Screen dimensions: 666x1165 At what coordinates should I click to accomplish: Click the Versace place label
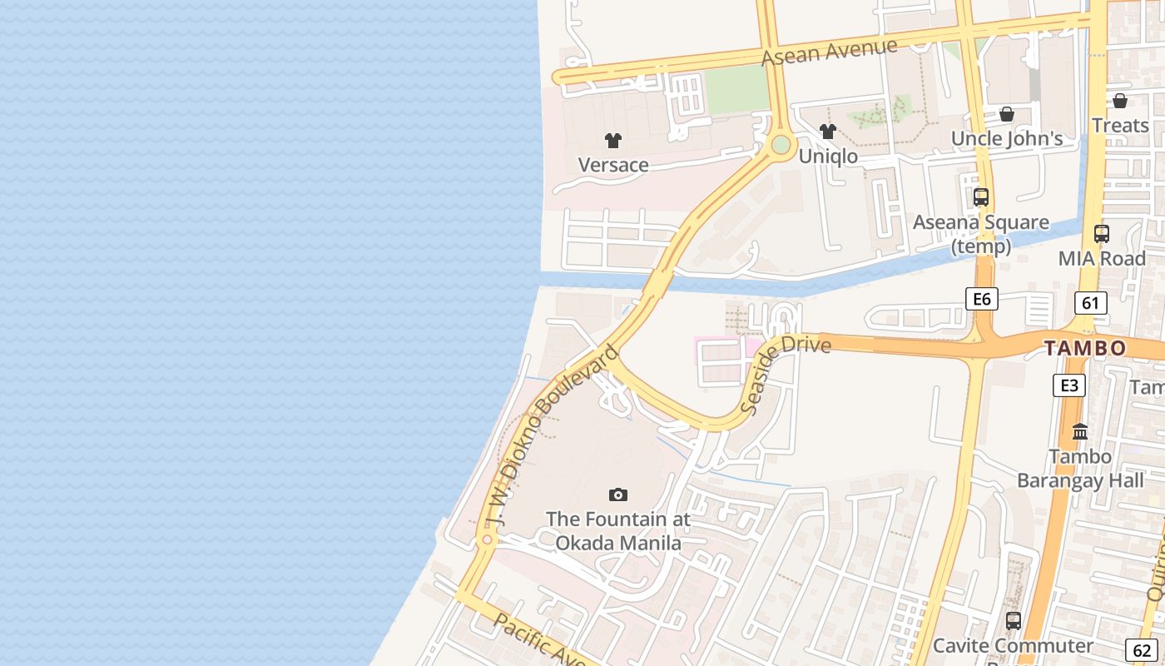point(613,165)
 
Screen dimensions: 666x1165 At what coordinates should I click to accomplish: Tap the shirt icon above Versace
point(613,141)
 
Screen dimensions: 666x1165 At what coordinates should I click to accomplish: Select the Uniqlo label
point(828,157)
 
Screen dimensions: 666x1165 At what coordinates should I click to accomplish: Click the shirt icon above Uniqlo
point(828,132)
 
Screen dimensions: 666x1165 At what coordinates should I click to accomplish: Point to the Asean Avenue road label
point(830,52)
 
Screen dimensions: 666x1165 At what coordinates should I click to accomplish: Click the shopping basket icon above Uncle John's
point(1007,114)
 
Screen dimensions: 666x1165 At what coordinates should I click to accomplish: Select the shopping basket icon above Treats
point(1120,101)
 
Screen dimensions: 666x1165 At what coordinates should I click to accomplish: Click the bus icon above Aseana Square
point(981,197)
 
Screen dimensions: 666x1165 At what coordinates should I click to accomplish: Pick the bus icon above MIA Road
point(1102,234)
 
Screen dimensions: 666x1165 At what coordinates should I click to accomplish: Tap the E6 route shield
point(982,299)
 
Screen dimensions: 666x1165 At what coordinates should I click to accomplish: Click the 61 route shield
point(1090,303)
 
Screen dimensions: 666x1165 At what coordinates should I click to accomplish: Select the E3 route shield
point(1069,385)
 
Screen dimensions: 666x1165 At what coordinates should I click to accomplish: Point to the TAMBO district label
point(1085,348)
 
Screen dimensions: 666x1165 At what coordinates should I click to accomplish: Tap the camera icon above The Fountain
point(618,495)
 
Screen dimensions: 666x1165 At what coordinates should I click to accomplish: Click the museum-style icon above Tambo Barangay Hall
point(1080,431)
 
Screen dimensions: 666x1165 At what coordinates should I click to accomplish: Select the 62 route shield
point(1143,650)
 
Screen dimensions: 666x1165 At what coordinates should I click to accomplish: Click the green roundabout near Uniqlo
point(781,145)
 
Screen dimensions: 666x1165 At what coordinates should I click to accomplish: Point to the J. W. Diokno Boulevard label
point(552,437)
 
